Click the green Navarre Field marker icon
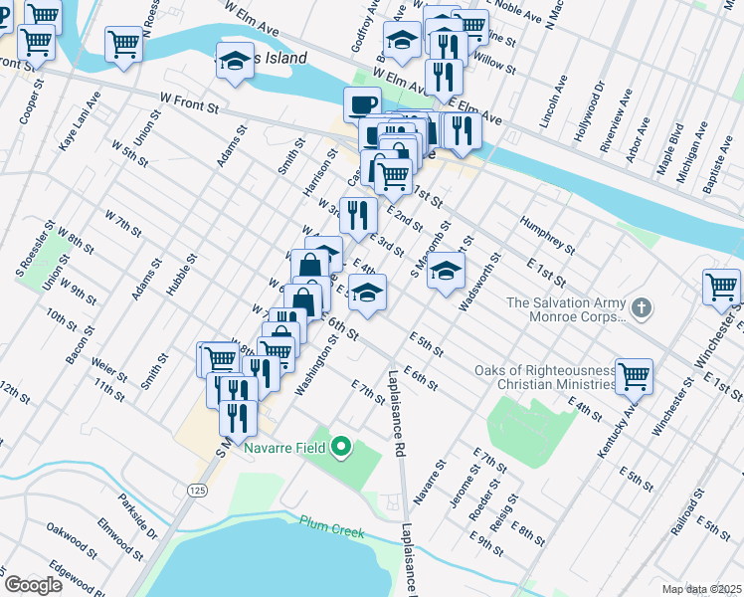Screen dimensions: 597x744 342,447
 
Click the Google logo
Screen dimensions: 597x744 33,585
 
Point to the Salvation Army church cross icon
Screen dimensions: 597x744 642,307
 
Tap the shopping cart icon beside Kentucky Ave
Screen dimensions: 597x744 634,376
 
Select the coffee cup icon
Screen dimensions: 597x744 363,103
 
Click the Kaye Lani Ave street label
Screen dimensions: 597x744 80,121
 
